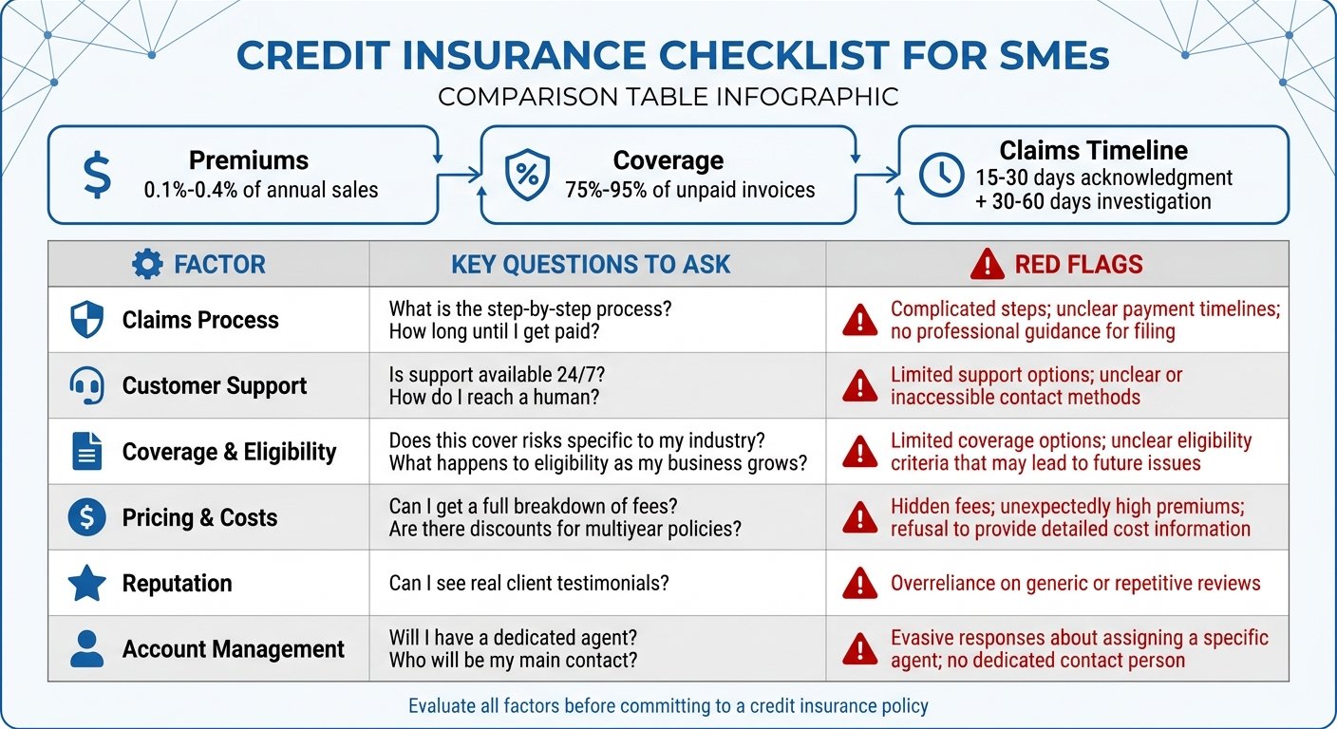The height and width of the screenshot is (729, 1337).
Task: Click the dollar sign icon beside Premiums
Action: click(x=97, y=176)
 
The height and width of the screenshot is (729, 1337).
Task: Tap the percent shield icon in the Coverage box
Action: click(x=527, y=176)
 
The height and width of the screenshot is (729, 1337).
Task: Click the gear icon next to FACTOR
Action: click(x=147, y=264)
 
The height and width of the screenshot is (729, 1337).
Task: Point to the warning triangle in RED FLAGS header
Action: click(x=987, y=265)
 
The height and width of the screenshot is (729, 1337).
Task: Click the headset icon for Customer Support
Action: click(x=87, y=385)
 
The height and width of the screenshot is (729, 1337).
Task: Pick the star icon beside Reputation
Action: click(x=87, y=583)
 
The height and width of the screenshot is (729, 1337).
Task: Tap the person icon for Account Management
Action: click(x=87, y=649)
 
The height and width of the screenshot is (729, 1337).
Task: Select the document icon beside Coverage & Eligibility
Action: click(x=87, y=451)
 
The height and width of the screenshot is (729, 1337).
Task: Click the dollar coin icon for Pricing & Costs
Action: click(x=87, y=517)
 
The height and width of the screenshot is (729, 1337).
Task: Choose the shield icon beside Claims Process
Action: click(x=87, y=320)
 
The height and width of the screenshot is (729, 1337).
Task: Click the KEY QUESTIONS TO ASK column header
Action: click(x=591, y=264)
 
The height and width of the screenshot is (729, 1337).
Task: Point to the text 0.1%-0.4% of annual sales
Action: click(x=261, y=190)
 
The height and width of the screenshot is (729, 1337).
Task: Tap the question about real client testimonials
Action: click(x=529, y=582)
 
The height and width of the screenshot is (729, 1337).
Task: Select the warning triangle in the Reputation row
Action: click(x=860, y=583)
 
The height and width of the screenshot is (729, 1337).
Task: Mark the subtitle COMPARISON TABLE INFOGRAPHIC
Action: click(x=668, y=97)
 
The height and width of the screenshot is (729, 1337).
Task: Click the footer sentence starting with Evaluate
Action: click(x=668, y=706)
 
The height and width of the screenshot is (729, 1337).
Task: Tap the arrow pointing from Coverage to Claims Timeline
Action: click(x=877, y=174)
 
